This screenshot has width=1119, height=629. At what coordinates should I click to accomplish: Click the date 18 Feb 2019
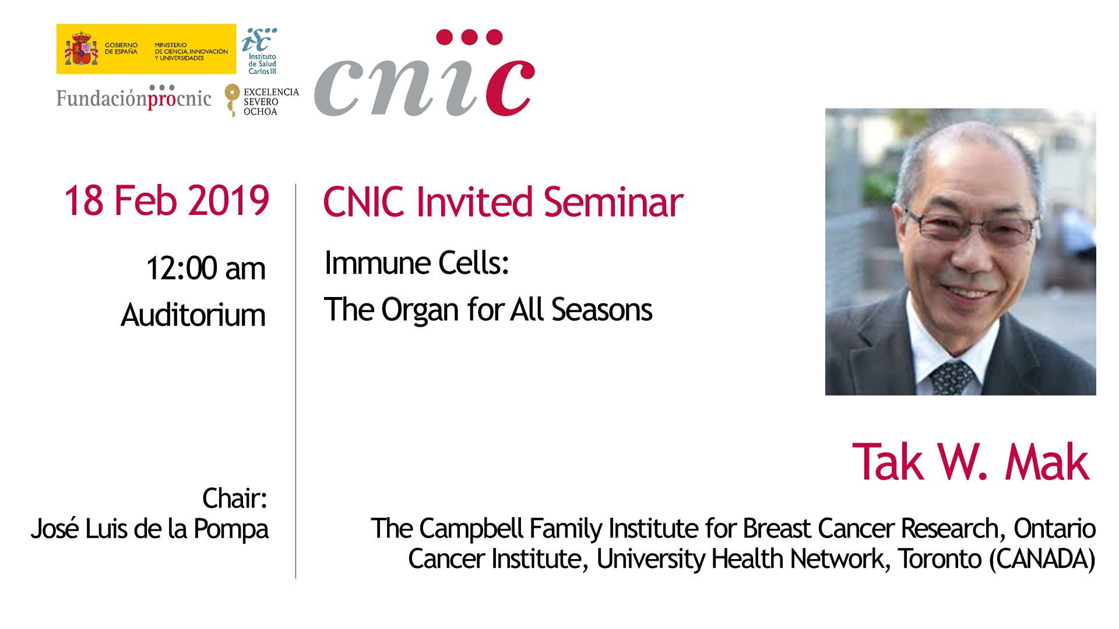167,200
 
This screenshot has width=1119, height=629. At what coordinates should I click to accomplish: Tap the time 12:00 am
206,268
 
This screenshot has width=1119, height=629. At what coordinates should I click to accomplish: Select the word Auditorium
193,315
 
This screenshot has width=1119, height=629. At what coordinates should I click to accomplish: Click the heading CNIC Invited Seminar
503,202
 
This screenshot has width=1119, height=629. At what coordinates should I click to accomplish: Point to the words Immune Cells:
417,263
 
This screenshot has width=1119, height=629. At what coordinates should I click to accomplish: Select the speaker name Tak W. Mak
970,462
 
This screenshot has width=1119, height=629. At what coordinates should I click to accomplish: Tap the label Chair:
235,499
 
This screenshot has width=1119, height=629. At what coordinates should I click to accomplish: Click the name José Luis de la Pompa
150,529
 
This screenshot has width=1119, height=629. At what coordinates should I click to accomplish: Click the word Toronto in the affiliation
939,559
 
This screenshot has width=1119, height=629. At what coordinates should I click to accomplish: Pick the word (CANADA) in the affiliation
1042,559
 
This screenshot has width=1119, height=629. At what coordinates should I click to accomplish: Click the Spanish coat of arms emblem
81,49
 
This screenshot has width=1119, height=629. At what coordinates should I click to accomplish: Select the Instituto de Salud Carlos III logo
260,51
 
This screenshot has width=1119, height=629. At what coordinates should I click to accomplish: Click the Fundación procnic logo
134,97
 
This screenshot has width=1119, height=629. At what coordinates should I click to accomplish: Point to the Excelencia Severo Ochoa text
271,101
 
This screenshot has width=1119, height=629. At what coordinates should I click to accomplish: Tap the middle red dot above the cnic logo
469,37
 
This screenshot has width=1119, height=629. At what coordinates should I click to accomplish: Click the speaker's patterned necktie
951,376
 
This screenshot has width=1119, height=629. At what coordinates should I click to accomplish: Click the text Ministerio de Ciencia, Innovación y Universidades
191,51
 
